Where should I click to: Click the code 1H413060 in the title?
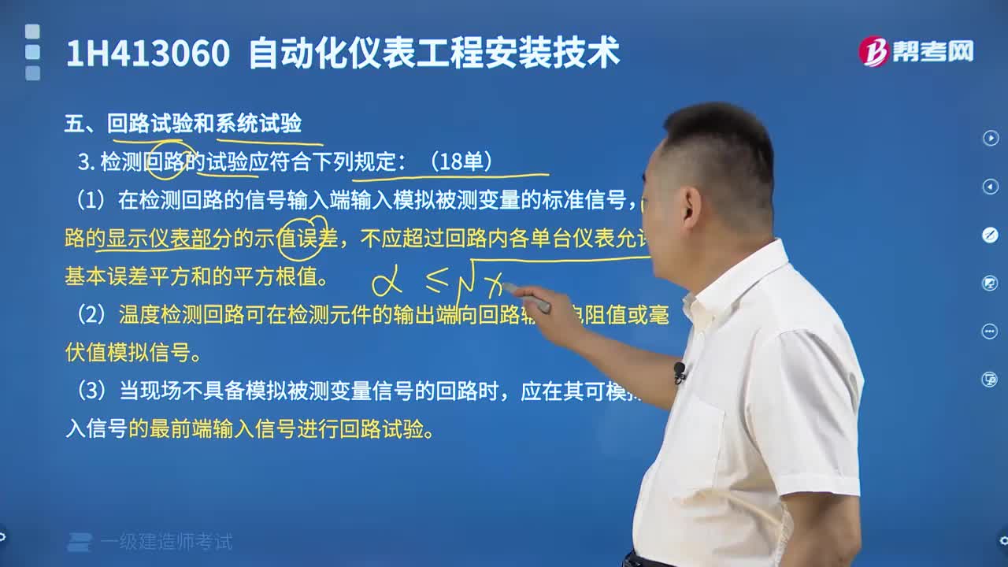click(148, 54)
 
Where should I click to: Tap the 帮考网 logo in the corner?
click(916, 51)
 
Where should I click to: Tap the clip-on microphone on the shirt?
click(679, 370)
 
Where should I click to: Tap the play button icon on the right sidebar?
click(990, 138)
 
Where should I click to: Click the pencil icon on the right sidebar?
click(990, 235)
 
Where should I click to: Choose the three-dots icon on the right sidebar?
click(990, 331)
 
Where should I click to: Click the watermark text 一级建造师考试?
click(166, 542)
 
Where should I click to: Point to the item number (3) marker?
click(91, 391)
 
